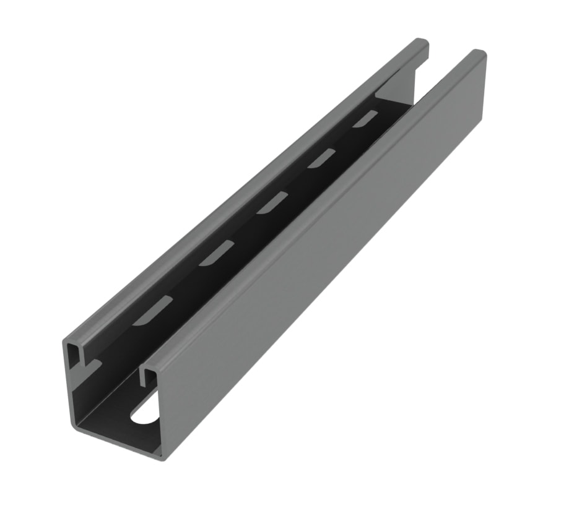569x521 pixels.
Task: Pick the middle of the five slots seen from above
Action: click(x=272, y=203)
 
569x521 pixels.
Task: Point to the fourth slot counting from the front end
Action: click(x=321, y=158)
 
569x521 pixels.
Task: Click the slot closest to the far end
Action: click(x=365, y=119)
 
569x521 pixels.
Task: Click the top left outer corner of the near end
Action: click(x=66, y=341)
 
